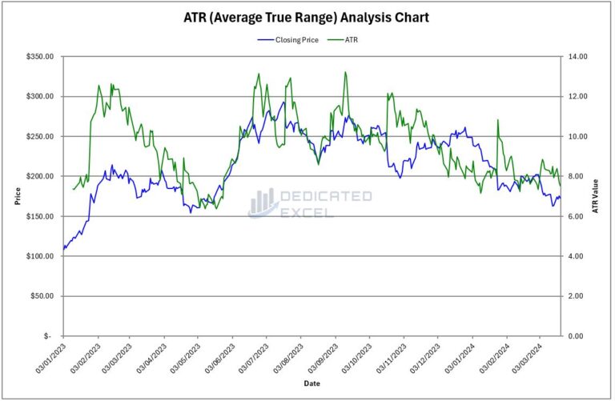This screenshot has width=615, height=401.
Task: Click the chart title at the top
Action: (x=307, y=17)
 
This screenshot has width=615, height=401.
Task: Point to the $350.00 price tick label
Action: (x=40, y=57)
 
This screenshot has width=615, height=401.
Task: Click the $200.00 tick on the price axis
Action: (x=40, y=176)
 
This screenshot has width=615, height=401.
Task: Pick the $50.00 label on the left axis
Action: (x=42, y=296)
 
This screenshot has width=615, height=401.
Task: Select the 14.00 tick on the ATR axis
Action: (x=578, y=57)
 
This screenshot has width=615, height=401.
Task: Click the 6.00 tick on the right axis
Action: (x=577, y=216)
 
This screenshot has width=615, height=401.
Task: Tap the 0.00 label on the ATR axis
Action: (x=577, y=336)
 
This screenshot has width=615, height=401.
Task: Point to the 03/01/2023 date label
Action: (x=50, y=359)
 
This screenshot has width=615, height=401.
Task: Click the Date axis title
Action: (x=312, y=384)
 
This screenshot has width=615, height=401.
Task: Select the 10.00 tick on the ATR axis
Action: (x=578, y=136)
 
